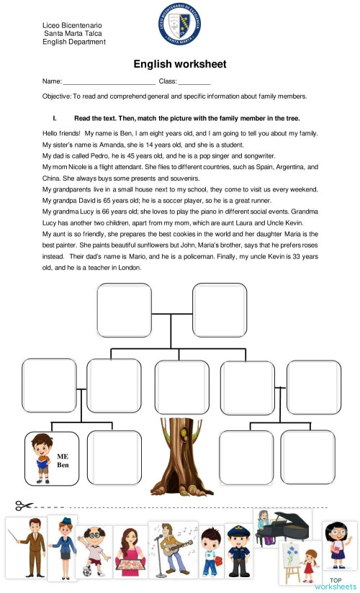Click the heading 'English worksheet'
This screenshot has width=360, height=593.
pyautogui.click(x=180, y=64)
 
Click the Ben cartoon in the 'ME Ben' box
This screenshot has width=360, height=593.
pyautogui.click(x=40, y=458)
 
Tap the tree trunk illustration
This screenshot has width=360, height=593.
pyautogui.click(x=181, y=457)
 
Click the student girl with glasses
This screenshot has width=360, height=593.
pyautogui.click(x=338, y=543)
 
